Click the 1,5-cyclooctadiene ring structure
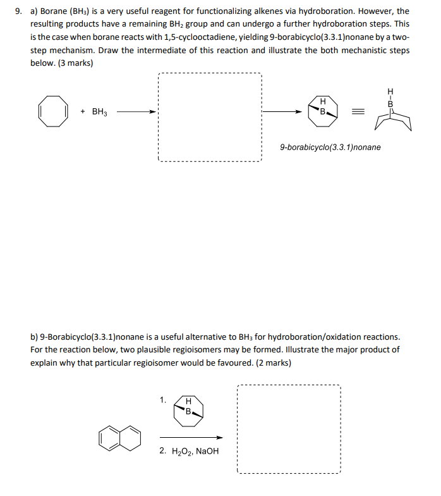coord(52,111)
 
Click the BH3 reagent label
coord(100,112)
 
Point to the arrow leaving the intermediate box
coord(282,112)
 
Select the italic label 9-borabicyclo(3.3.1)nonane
coord(330,147)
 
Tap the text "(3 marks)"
coord(75,63)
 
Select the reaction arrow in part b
coord(191,437)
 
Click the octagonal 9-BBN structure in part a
coord(322,112)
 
